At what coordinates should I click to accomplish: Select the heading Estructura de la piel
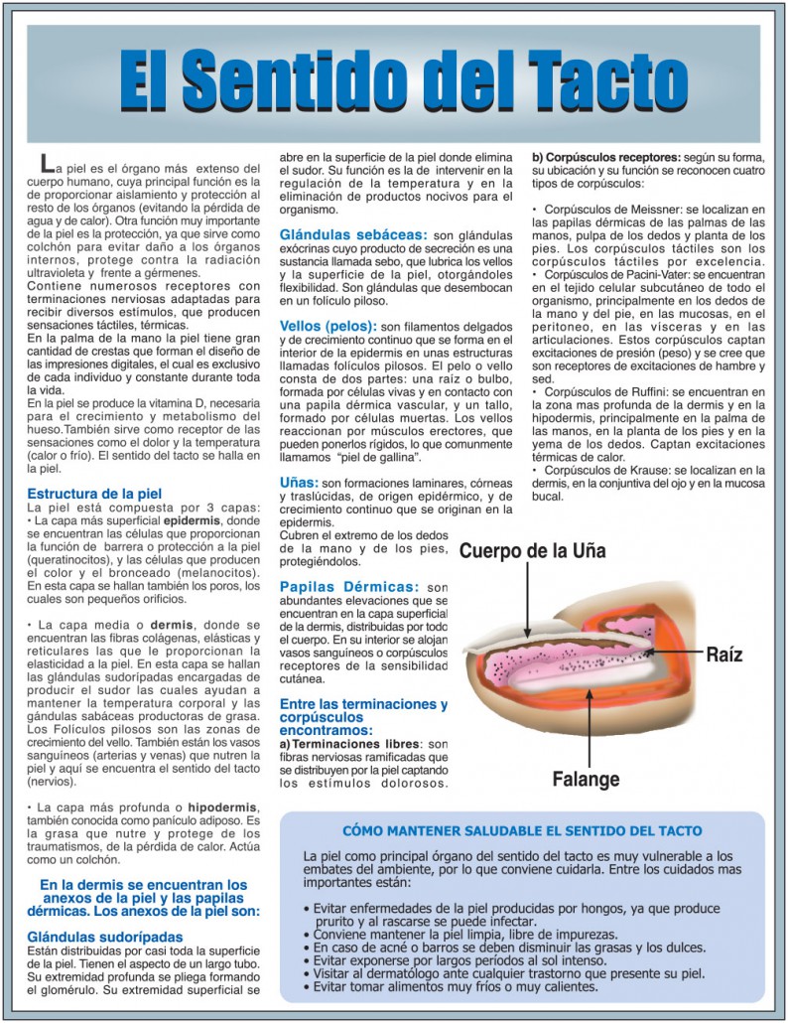[x=94, y=493]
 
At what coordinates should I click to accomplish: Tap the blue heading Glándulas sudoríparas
[x=105, y=936]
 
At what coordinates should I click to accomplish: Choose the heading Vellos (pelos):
[x=328, y=325]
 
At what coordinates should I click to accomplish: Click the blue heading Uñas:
[x=299, y=483]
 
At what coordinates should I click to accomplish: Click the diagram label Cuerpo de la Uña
[x=532, y=550]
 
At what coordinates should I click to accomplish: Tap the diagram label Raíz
[x=723, y=655]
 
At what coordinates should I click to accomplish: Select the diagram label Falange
[x=586, y=779]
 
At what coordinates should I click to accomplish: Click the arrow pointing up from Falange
[x=589, y=725]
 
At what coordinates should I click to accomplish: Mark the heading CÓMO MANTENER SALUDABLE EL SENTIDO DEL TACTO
[x=522, y=830]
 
